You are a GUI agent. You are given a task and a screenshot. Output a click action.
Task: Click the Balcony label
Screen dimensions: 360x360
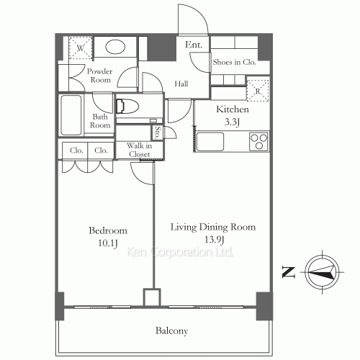171,331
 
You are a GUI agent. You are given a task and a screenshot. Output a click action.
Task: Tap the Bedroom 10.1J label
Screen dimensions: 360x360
108,236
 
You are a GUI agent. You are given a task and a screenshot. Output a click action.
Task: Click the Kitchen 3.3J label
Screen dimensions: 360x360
233,115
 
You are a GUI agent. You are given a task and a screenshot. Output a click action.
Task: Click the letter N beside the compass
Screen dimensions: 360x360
287,272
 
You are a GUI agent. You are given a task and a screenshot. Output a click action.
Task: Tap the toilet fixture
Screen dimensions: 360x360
128,107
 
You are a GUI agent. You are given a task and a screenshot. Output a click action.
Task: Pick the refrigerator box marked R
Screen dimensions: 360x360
257,91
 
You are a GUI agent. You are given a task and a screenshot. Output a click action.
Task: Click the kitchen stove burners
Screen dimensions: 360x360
258,141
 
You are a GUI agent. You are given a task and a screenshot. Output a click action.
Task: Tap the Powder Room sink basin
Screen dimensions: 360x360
114,49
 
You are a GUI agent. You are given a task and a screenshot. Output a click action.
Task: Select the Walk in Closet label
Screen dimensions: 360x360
138,150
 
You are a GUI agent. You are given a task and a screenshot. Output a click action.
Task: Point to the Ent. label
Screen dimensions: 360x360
194,45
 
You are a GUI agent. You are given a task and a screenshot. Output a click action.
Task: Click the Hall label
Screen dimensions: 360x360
182,84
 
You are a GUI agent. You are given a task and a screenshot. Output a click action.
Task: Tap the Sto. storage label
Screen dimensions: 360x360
157,132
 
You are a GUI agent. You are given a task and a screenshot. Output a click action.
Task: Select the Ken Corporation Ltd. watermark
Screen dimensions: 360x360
179,253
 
